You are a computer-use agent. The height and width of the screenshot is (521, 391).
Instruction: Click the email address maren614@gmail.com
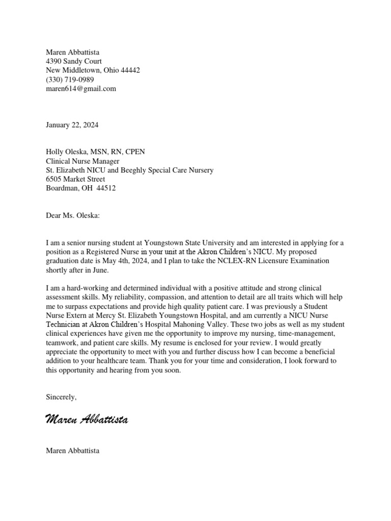point(81,89)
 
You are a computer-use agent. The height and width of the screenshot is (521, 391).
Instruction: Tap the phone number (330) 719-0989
point(70,79)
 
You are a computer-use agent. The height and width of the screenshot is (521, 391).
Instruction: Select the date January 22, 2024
point(72,125)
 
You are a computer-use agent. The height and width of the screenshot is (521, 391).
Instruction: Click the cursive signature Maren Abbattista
point(87,419)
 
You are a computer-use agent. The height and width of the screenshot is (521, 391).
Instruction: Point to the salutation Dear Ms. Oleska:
point(73,216)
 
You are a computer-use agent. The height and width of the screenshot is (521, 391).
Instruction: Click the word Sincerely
point(61,397)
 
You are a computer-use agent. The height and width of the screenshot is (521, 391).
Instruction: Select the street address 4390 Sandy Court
point(74,61)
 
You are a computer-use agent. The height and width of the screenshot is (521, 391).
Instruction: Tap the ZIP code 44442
point(129,70)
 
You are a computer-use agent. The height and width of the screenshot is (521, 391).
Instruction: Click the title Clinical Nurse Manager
point(83,161)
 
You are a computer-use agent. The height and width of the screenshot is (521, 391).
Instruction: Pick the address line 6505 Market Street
point(76,179)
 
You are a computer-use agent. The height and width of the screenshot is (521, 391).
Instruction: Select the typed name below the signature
point(72,450)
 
